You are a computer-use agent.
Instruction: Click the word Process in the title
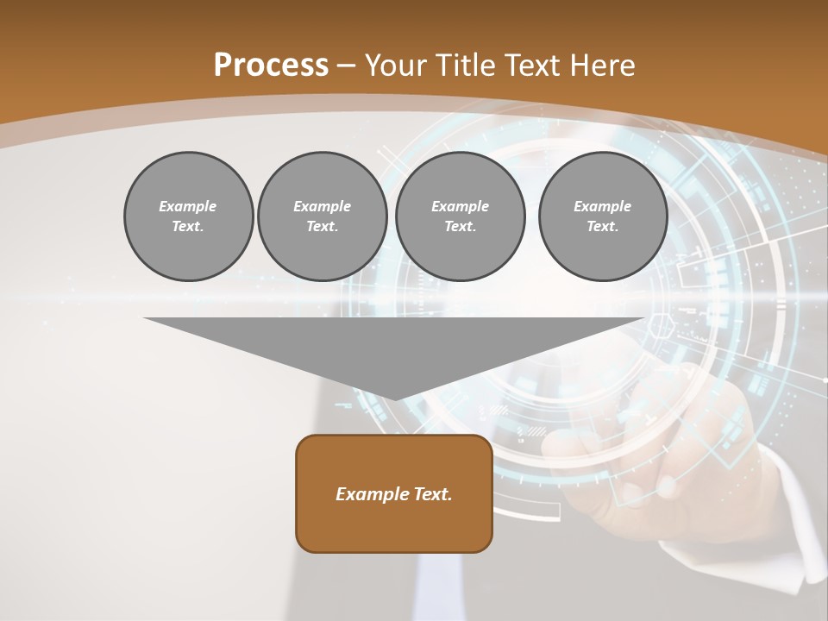271,66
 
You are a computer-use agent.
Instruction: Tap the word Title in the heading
465,66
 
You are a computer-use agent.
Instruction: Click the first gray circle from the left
188,216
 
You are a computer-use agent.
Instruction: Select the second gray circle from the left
322,216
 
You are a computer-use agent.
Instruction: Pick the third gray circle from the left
460,216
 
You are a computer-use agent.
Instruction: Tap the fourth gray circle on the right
603,216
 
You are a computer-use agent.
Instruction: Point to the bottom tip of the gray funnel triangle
395,398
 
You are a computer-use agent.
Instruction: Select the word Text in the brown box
432,494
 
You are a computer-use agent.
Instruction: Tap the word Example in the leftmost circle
188,206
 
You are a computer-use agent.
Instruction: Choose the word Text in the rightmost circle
603,226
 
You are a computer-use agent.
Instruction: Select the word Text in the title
531,66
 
